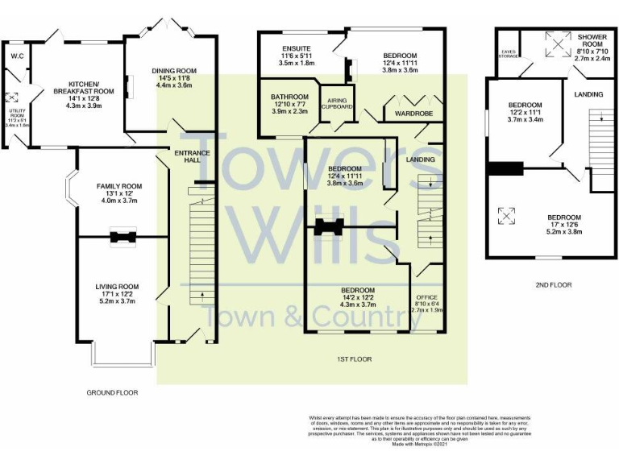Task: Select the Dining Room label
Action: coord(174,71)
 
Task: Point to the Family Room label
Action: coord(118,187)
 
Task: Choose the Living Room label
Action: coord(118,286)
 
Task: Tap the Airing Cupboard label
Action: coord(336,101)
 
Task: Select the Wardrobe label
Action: coord(414,114)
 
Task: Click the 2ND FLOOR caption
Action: coord(553,284)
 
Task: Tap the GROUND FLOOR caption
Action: coord(112,393)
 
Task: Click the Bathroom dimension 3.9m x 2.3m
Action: coord(290,110)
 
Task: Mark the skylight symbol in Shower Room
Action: coord(555,44)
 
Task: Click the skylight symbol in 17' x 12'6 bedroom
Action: coord(507,215)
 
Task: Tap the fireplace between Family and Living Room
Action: coord(123,236)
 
